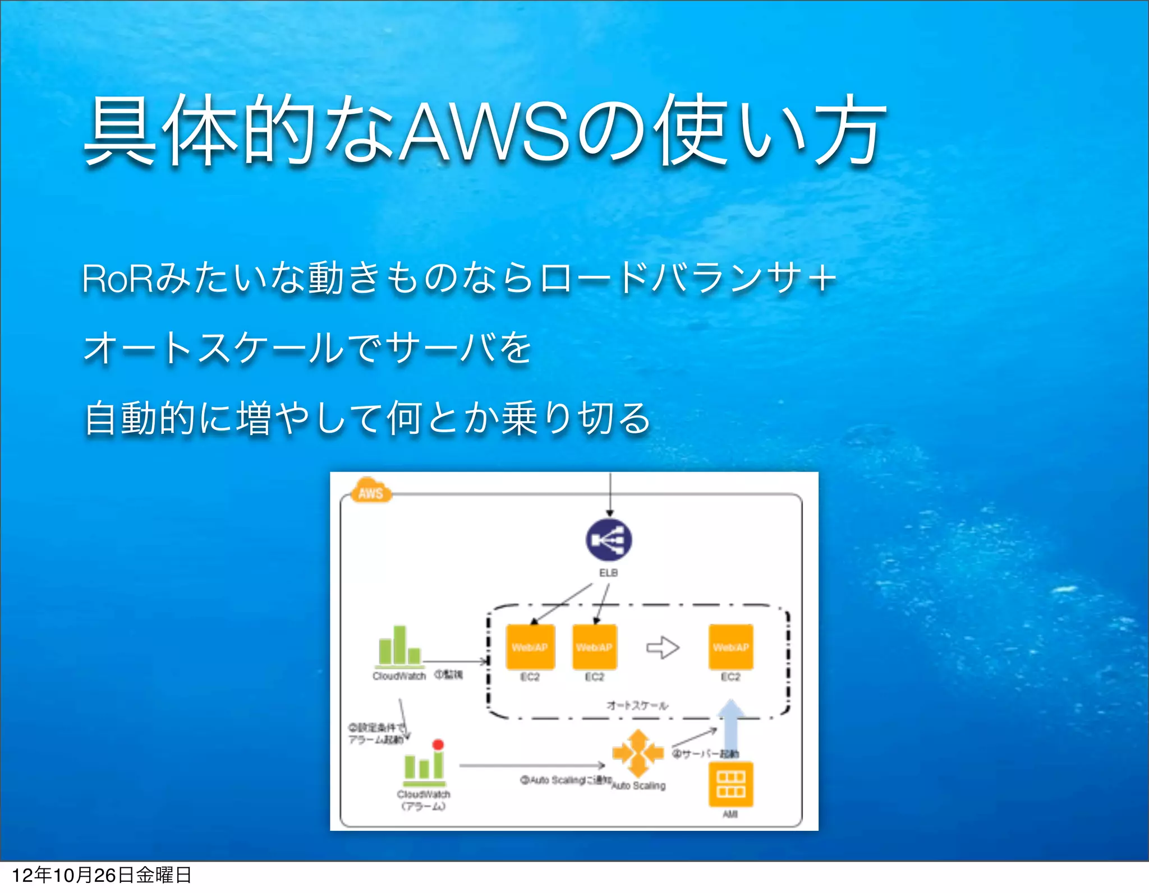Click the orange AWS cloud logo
click(x=371, y=492)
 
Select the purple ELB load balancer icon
click(x=609, y=540)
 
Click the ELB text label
click(x=608, y=573)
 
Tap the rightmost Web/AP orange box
click(x=730, y=647)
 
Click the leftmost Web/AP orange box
click(x=530, y=647)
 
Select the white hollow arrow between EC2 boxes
click(x=663, y=647)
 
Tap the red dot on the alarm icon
click(x=438, y=744)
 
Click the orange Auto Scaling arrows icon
click(x=637, y=752)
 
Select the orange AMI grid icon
click(x=730, y=784)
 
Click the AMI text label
click(x=730, y=814)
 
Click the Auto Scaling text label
click(x=638, y=786)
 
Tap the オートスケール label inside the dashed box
click(x=637, y=705)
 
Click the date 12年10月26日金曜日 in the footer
click(x=102, y=875)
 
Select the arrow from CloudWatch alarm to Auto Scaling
click(x=531, y=766)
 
